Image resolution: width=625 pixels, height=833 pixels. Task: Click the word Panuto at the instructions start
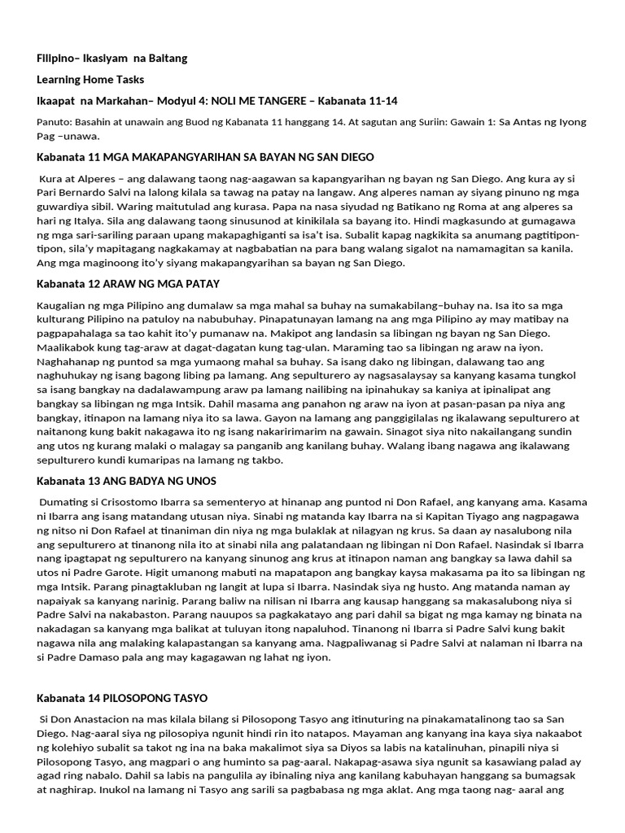coord(55,121)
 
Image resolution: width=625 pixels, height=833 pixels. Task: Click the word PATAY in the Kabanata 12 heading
coord(203,283)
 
